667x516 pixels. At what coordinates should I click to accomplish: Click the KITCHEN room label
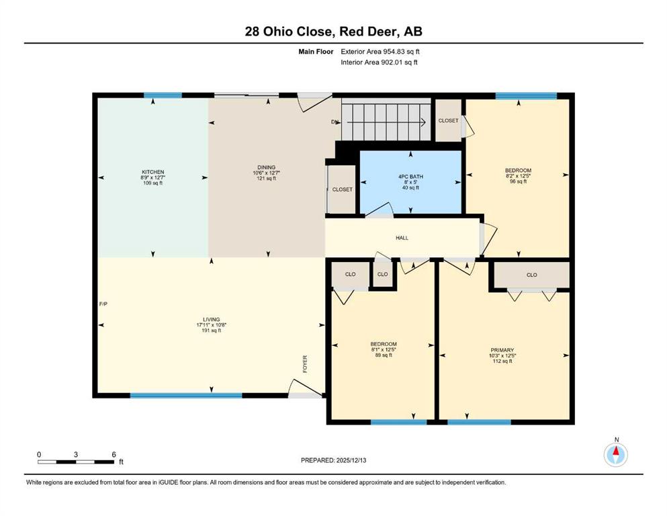click(x=152, y=172)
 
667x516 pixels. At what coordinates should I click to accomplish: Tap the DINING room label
click(x=266, y=167)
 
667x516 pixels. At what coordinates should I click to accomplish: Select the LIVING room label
click(x=212, y=319)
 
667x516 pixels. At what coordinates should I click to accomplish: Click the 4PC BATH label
click(x=410, y=177)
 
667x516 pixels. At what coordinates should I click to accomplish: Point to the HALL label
click(x=402, y=239)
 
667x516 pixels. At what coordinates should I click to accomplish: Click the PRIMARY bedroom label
click(x=502, y=350)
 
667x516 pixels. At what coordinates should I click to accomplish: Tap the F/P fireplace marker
click(x=103, y=304)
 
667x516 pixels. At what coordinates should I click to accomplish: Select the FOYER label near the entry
click(x=305, y=364)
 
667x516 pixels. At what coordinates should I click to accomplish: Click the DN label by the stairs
click(x=335, y=122)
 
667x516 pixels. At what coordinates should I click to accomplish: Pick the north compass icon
click(x=615, y=454)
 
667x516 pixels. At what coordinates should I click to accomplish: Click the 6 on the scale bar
click(x=114, y=454)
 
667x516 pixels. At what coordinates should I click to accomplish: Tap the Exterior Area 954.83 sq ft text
click(x=380, y=52)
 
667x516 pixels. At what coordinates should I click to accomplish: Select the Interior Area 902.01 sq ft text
click(x=379, y=62)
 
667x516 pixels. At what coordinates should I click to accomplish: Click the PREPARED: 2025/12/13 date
click(x=333, y=460)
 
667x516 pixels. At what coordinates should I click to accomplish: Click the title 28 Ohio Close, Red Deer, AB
click(x=333, y=31)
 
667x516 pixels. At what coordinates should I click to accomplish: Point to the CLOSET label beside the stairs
click(x=448, y=121)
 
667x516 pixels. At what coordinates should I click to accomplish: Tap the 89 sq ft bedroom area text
click(x=384, y=355)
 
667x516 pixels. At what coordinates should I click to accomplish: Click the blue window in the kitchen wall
click(x=163, y=95)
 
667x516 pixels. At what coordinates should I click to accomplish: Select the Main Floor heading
click(x=316, y=52)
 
